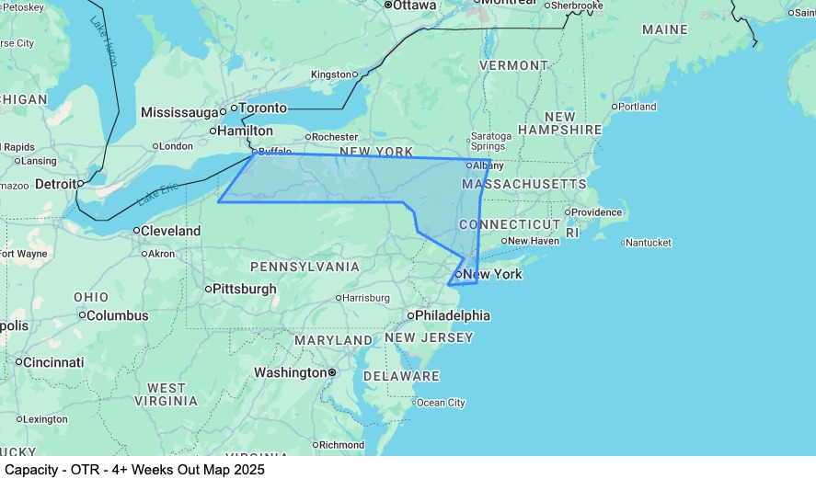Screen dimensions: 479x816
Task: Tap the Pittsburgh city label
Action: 244,289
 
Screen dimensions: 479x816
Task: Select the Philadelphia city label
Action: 452,315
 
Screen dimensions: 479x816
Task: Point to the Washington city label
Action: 290,372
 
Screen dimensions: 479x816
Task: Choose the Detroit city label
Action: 55,184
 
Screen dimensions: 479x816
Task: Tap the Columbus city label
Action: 118,315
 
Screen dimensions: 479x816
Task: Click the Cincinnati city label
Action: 53,362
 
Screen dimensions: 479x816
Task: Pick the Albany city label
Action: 482,165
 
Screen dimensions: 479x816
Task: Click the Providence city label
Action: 599,211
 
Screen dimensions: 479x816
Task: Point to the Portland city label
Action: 637,107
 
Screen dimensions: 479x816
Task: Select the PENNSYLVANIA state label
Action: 305,267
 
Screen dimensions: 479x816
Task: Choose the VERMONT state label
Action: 513,66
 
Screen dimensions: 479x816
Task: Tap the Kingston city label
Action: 331,74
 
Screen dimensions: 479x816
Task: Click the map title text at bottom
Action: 134,469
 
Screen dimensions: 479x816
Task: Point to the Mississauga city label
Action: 180,112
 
